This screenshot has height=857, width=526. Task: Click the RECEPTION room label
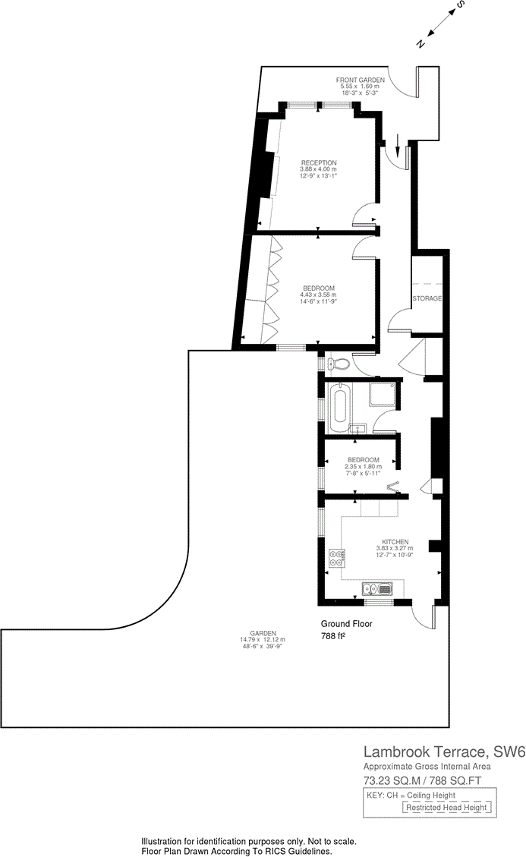(x=318, y=162)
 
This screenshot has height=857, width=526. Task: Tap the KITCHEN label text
(x=395, y=542)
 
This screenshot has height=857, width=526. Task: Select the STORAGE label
(x=427, y=298)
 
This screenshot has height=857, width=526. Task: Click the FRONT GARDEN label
(x=361, y=80)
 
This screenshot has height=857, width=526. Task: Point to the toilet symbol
(x=339, y=364)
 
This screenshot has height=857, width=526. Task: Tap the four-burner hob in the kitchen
(x=338, y=559)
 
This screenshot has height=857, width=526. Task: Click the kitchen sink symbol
(x=376, y=588)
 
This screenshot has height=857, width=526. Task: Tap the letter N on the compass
(x=420, y=44)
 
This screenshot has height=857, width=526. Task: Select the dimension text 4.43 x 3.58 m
(x=319, y=295)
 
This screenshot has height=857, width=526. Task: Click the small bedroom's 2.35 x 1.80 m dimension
(x=363, y=467)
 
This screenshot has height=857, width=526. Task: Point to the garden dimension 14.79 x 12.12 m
(x=262, y=640)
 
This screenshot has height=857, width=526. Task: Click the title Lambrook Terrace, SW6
(x=444, y=752)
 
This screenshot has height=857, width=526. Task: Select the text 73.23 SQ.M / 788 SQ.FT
(x=427, y=780)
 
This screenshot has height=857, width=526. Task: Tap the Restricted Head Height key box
(x=446, y=808)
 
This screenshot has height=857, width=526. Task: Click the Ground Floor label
(x=346, y=624)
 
